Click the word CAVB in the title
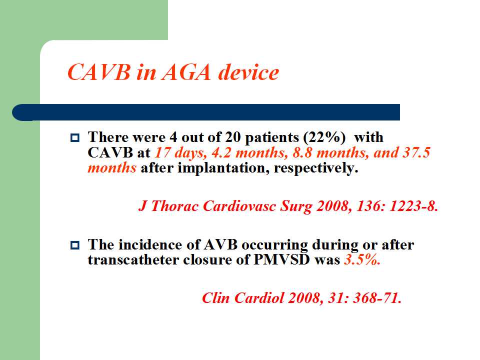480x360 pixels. click(99, 72)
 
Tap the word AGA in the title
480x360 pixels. click(186, 72)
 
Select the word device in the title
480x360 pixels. click(248, 72)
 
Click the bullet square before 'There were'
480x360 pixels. click(75, 137)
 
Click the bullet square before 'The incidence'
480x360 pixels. click(75, 245)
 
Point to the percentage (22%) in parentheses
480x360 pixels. click(324, 137)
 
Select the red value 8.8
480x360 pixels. click(302, 152)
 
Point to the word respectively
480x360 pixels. click(316, 168)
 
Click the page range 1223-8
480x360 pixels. click(413, 205)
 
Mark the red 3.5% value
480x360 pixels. click(362, 260)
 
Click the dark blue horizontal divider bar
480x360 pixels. click(205, 112)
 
